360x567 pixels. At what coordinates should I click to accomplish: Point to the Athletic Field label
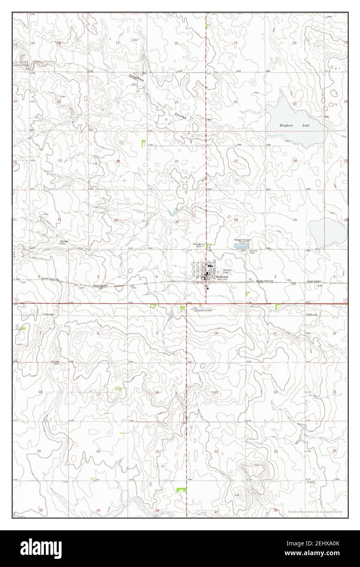[227, 271]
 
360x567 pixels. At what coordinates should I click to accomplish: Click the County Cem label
[254, 252]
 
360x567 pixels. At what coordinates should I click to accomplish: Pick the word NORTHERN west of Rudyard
[100, 286]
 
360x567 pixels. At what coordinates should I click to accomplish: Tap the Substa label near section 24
[311, 482]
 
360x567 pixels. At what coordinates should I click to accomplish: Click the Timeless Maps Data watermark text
[315, 512]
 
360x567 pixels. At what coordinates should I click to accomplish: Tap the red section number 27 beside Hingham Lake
[236, 161]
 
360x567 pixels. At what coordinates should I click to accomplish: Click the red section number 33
[177, 222]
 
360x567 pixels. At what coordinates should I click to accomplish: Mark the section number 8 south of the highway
[98, 333]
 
